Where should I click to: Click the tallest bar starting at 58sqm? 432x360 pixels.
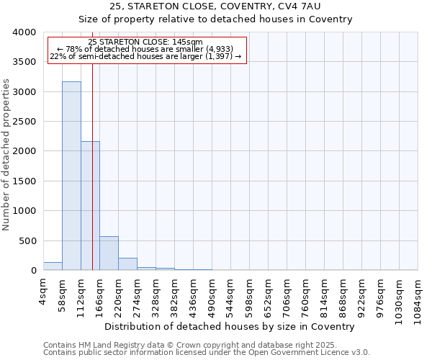[x=71, y=176]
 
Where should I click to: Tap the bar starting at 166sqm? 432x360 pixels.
[x=109, y=253]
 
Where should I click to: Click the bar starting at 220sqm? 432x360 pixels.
[x=127, y=264]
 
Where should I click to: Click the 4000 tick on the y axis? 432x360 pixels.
[x=24, y=32]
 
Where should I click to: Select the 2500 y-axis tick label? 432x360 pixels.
[x=24, y=122]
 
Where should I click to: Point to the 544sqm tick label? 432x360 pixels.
[x=231, y=294]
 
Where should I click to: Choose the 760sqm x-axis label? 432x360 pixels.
[x=306, y=294]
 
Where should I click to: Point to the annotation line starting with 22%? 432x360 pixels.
[x=145, y=56]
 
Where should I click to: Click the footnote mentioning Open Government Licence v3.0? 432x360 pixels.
[x=207, y=353]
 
